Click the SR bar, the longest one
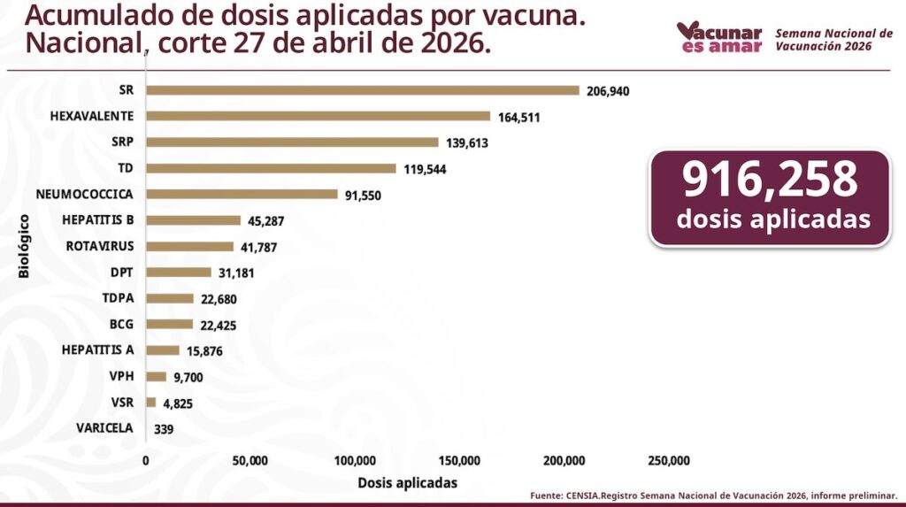363,90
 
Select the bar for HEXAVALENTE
319,116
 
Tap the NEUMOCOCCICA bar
242,194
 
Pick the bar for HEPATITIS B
193,220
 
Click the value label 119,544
425,168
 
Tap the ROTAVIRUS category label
100,246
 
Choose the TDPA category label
118,298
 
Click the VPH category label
121,376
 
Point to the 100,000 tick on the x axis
355,460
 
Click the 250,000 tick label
669,460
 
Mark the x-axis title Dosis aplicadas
407,483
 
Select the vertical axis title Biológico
24,246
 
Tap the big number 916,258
770,180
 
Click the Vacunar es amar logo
719,37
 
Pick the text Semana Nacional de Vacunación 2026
834,39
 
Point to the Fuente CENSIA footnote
713,495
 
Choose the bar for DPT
179,273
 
